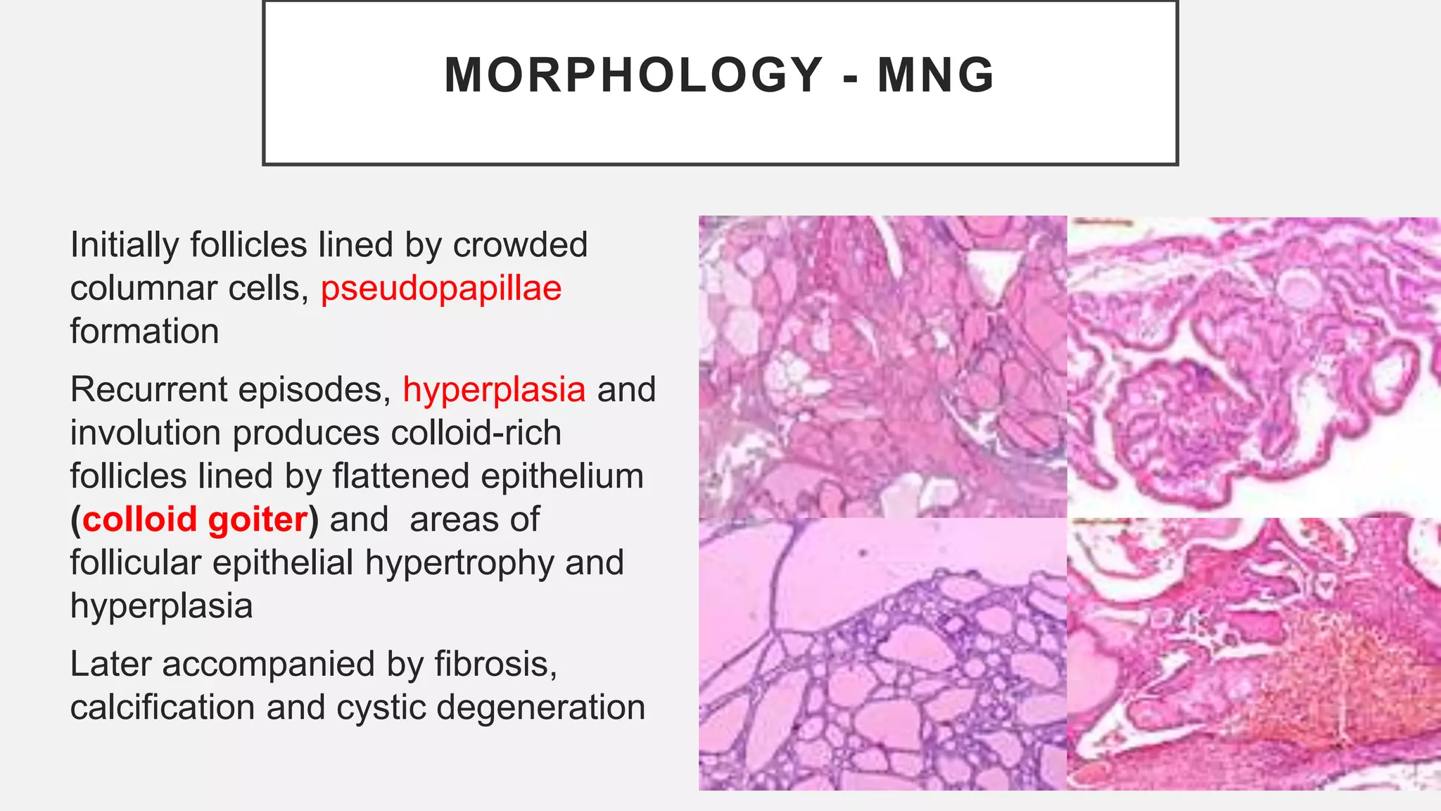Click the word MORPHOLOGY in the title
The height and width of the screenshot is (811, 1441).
pos(634,75)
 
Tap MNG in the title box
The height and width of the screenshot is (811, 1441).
pos(936,75)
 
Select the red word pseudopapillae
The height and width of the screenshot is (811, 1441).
pos(441,289)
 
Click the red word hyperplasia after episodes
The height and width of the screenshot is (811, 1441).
pos(494,389)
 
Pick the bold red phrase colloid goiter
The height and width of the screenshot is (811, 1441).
pos(195,520)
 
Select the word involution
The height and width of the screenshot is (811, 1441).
pos(145,433)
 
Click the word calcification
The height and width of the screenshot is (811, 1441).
pos(163,708)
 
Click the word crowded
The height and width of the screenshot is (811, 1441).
pos(520,245)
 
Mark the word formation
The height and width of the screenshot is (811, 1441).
pos(144,332)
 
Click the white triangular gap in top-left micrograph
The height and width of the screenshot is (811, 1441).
pos(993,272)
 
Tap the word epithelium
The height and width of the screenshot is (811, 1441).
pos(562,476)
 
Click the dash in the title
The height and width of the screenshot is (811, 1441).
pos(851,76)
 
